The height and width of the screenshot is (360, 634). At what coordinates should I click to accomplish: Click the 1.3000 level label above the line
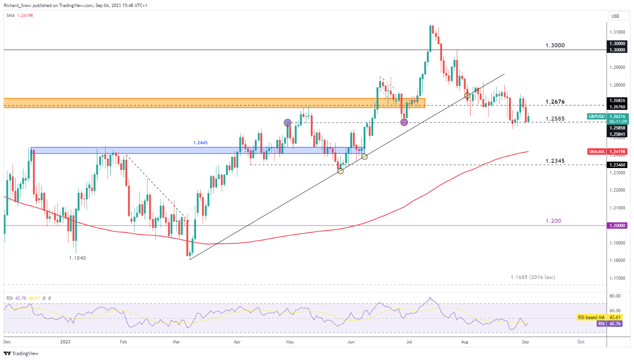555,45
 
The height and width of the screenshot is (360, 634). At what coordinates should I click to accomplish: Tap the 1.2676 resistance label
555,101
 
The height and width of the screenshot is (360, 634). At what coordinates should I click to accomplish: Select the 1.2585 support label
555,119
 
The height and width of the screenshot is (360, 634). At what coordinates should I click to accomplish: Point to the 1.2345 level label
555,161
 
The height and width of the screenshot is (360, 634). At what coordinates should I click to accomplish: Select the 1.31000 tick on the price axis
617,32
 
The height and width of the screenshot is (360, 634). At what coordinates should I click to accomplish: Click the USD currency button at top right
615,16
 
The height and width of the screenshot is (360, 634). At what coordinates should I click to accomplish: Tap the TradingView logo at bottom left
22,353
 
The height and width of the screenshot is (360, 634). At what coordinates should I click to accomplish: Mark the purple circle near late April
287,122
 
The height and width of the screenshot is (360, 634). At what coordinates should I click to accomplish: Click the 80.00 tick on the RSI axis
615,296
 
